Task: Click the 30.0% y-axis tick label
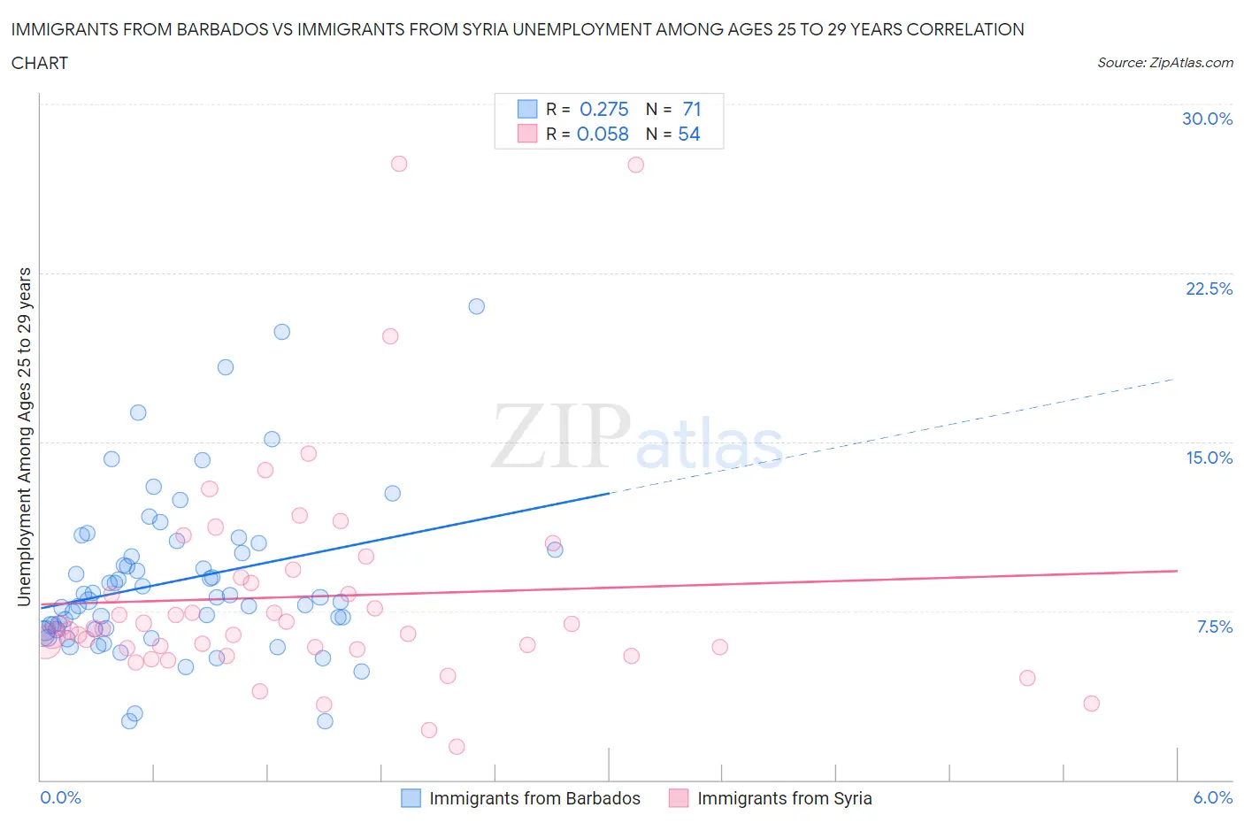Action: pyautogui.click(x=1207, y=119)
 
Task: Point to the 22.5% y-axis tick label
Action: pyautogui.click(x=1209, y=288)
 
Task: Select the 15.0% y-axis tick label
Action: pyautogui.click(x=1209, y=458)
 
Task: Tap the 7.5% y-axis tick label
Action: pyautogui.click(x=1214, y=627)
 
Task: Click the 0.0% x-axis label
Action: pyautogui.click(x=60, y=797)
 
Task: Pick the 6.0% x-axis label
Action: pyautogui.click(x=1212, y=797)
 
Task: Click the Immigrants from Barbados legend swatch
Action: pyautogui.click(x=411, y=798)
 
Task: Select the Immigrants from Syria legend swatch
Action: pyautogui.click(x=679, y=798)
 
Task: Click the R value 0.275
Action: pyautogui.click(x=603, y=109)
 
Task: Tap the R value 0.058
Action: pyautogui.click(x=603, y=134)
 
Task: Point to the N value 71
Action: pyautogui.click(x=692, y=109)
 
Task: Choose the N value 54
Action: pyautogui.click(x=688, y=134)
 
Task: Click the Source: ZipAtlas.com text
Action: pyautogui.click(x=1164, y=62)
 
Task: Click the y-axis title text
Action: pyautogui.click(x=24, y=436)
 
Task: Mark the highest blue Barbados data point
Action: pyautogui.click(x=476, y=306)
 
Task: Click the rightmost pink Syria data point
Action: pyautogui.click(x=1091, y=704)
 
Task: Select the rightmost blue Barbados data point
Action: pyautogui.click(x=555, y=550)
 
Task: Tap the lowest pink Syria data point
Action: pyautogui.click(x=457, y=746)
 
